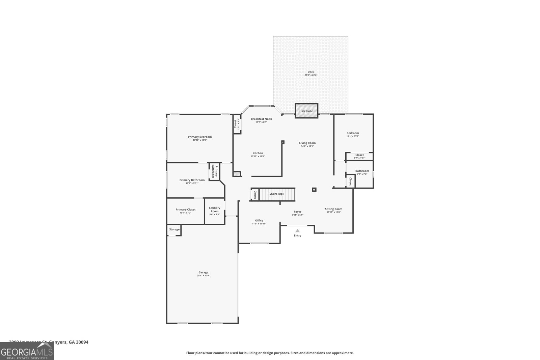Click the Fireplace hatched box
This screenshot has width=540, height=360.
coord(306,111)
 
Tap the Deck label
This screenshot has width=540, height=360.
coord(311,72)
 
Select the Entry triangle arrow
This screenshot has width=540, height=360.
coord(297,231)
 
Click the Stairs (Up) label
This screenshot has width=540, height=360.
coord(276,194)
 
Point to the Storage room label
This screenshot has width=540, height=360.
coord(174,229)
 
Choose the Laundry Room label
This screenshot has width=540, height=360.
coord(215,210)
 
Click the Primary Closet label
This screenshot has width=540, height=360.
coord(186,210)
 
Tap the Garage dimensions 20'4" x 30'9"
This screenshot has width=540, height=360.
coord(203,276)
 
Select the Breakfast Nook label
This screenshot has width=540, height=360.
coord(261,119)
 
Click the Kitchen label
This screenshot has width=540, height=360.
coord(258,153)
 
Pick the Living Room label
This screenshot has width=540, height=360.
coord(307,143)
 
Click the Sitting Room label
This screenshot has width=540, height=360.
coord(333,209)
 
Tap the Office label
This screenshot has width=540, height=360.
coord(259,220)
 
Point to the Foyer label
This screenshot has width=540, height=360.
coord(297,212)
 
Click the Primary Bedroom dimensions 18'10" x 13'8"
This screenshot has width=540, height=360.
coord(200,140)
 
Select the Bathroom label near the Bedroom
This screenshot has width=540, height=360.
coord(362,171)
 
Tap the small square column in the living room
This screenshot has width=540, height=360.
coord(314,190)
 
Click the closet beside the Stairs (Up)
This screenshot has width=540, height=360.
coord(255,195)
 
